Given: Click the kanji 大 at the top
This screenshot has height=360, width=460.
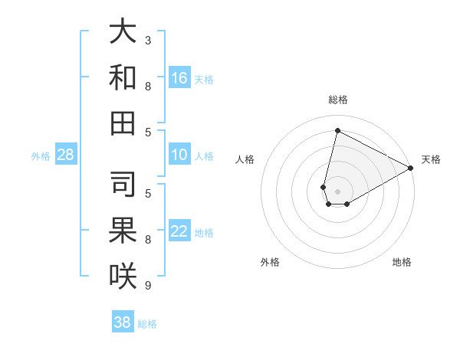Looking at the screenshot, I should pos(123,32).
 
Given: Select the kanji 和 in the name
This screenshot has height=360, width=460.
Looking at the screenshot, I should pos(123,77).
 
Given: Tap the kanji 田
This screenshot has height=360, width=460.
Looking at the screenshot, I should pos(123,123).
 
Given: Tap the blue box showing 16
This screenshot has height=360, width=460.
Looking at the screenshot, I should pos(179,77).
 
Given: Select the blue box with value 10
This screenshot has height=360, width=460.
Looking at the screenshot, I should pos(179,155).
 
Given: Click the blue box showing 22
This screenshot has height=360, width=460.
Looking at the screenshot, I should pos(179,231).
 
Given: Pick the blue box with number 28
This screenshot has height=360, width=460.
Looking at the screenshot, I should pos(65,155).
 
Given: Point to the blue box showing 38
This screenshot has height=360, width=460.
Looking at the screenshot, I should pos(123,322).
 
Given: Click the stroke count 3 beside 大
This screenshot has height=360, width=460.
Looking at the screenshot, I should pos(148,40).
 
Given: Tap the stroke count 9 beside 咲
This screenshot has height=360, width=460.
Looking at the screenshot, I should pos(148,285).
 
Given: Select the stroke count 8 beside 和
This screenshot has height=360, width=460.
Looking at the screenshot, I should pos(148,86).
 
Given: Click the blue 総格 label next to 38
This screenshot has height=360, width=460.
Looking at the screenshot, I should pos(147,324).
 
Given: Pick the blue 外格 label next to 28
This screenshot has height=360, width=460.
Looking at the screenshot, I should pos(41,156).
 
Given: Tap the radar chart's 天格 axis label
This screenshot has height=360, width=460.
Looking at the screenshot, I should pos(431,159).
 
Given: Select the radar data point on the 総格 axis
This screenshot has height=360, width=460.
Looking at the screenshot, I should pos(337,131).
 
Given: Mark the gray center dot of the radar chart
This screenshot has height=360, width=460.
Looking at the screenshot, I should pos(337,191).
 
